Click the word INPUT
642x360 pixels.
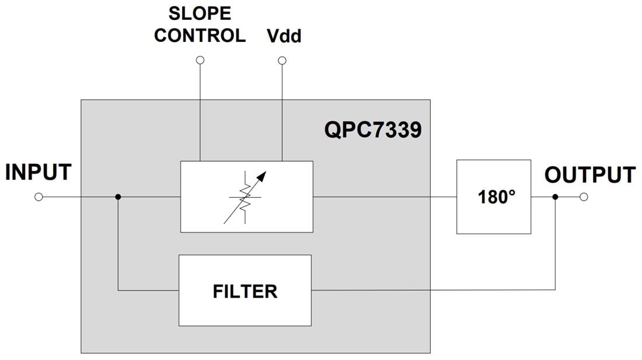point(39,173)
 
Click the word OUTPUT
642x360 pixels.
point(589,175)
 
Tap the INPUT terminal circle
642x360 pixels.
point(39,197)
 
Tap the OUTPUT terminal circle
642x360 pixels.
point(584,197)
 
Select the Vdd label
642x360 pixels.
point(284,36)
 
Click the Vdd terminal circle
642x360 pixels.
point(282,60)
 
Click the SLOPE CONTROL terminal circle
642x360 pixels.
point(200,60)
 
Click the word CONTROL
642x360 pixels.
point(200,36)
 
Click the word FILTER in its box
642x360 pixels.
point(245,291)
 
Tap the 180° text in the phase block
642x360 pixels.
point(494,197)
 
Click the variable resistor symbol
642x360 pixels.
point(246,197)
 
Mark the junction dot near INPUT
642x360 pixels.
point(118,197)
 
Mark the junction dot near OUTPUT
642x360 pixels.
point(555,197)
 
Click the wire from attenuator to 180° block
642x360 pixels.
point(385,197)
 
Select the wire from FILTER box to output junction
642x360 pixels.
point(432,290)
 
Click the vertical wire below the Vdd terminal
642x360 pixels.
point(282,111)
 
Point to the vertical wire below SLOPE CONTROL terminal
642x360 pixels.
point(200,111)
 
